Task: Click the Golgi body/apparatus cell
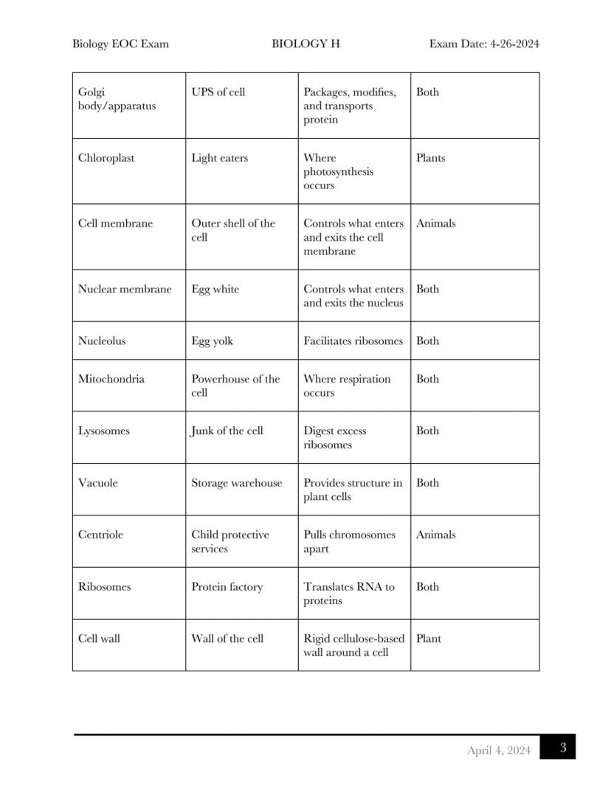click(117, 99)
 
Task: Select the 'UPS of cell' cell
click(218, 92)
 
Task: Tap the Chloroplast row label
click(106, 158)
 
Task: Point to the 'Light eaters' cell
click(219, 158)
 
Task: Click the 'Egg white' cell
click(215, 290)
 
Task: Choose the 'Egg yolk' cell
click(212, 341)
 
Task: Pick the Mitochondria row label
click(111, 380)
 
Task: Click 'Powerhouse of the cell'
click(235, 386)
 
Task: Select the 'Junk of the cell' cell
click(227, 431)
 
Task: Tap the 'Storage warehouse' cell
click(236, 483)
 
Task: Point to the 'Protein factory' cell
click(227, 587)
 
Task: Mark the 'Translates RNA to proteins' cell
click(348, 594)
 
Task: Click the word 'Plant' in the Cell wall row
click(428, 639)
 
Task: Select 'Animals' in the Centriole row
click(435, 535)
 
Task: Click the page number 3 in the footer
click(562, 747)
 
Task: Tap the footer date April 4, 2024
click(498, 750)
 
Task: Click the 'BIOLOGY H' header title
click(305, 44)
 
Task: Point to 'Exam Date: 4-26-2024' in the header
click(483, 44)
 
